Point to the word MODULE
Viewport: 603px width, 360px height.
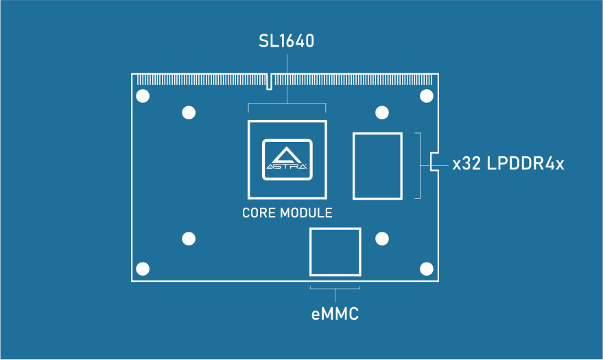(307, 213)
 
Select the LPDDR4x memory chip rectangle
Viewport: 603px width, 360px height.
(377, 167)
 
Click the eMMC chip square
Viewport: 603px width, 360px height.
(335, 252)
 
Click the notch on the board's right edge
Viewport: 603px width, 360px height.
(434, 162)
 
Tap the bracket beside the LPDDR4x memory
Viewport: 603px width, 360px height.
(418, 166)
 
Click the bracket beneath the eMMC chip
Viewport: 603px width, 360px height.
(335, 289)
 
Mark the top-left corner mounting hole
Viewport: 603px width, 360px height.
(143, 96)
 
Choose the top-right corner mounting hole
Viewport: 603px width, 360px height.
(427, 96)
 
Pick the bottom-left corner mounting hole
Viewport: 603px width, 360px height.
(143, 268)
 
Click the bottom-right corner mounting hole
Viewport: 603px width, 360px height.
(427, 268)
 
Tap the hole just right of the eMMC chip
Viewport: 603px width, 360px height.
(382, 239)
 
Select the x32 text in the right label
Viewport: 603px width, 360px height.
(466, 165)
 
